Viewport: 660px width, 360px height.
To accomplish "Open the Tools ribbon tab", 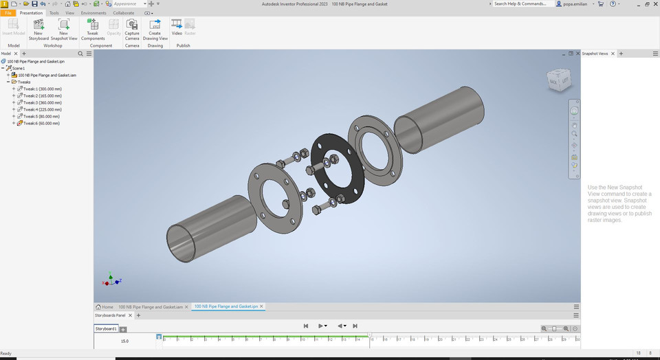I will click(x=54, y=13).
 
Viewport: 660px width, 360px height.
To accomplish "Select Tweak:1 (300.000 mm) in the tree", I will click(x=43, y=89).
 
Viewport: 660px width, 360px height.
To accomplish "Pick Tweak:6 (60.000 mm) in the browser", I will click(x=41, y=123).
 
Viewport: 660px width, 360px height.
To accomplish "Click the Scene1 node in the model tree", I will click(x=19, y=68).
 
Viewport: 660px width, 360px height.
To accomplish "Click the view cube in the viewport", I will click(x=557, y=81).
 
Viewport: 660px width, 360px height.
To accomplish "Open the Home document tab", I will click(x=104, y=306).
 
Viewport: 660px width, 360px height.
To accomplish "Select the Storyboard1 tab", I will click(x=106, y=329).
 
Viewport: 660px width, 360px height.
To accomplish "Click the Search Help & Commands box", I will click(x=522, y=3).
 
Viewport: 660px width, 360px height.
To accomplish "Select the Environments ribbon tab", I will click(x=93, y=13).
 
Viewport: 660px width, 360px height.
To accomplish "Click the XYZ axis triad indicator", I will click(x=110, y=281).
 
